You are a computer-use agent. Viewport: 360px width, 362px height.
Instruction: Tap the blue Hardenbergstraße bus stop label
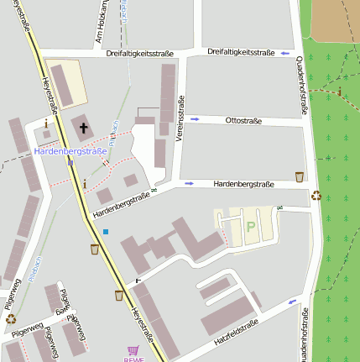click(x=70, y=152)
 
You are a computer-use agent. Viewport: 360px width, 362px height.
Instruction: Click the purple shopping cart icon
click(x=133, y=350)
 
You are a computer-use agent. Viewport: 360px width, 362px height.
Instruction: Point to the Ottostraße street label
click(x=243, y=121)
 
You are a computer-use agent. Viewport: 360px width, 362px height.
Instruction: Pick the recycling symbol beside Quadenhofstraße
click(x=316, y=196)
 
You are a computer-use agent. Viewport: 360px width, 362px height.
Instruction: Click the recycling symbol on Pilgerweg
click(x=11, y=317)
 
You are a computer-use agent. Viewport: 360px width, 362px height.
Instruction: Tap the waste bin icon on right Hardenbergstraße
click(x=300, y=176)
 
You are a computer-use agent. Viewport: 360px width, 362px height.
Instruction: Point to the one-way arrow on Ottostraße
click(x=196, y=119)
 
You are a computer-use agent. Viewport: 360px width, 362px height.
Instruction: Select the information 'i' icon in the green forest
click(x=339, y=92)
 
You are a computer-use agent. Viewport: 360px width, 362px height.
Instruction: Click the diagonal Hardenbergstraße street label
click(x=125, y=202)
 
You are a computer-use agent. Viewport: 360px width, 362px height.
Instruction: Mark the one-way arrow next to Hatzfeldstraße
click(x=292, y=302)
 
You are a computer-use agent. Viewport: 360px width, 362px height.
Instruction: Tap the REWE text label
click(x=133, y=359)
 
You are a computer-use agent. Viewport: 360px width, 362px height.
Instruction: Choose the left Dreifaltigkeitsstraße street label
click(x=140, y=54)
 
